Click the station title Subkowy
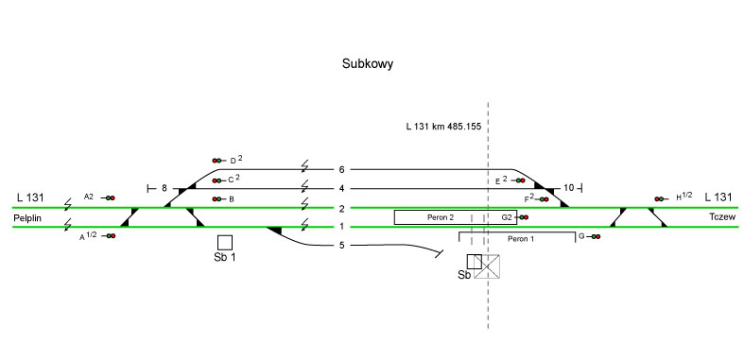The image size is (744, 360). (367, 64)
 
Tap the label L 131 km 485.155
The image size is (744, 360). (443, 127)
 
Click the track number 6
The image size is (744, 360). (341, 169)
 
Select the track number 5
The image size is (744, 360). (341, 246)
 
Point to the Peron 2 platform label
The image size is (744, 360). (441, 217)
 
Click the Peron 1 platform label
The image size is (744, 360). (521, 238)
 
